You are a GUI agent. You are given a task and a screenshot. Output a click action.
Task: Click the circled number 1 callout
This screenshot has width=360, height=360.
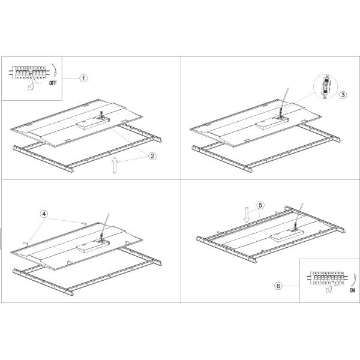coord(83,78)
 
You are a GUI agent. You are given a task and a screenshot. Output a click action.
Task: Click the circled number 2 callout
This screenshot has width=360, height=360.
coord(152,156)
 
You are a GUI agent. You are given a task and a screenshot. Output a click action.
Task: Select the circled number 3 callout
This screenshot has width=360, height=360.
coord(343,95)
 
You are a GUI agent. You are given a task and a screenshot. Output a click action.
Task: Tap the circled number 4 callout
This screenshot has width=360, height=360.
coord(44,214)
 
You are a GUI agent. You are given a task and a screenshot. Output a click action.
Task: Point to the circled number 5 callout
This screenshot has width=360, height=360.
coord(260,205)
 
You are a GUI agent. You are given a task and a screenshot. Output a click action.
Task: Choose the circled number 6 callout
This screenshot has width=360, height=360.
coord(278,286)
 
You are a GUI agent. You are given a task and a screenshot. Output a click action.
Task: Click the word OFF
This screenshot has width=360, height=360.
coord(53,83)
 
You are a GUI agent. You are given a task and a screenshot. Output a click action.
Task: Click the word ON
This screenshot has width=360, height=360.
coord(352,290)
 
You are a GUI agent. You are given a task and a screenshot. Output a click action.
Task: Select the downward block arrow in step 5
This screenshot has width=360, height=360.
coord(247,215)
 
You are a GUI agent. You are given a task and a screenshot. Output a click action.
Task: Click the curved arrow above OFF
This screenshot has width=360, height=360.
coord(55,70)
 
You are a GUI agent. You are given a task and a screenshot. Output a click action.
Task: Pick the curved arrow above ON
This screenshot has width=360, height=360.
coord(355,280)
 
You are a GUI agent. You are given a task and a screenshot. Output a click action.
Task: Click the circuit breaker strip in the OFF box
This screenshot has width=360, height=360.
coord(29,73)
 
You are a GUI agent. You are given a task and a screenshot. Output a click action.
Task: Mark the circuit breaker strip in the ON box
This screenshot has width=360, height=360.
coord(327,278)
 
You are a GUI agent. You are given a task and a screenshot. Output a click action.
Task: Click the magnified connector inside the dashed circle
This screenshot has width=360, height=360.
coord(326,86)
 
